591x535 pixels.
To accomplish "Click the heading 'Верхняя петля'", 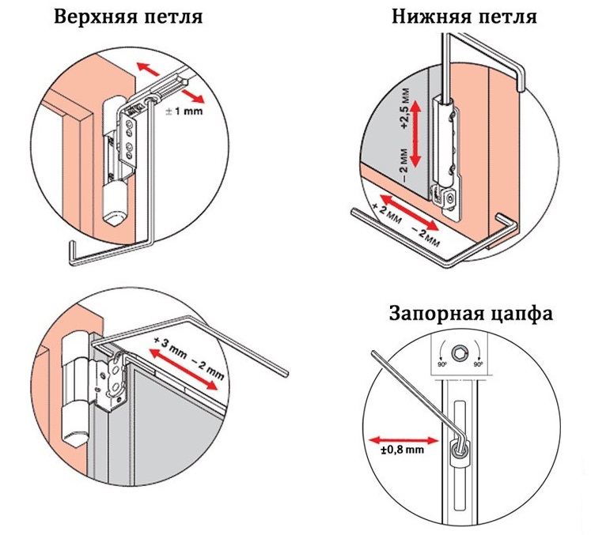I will [126, 17].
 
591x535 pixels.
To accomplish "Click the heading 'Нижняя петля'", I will [464, 17].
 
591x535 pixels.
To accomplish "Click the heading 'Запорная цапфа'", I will [470, 314].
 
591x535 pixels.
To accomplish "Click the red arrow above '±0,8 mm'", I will [401, 437].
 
